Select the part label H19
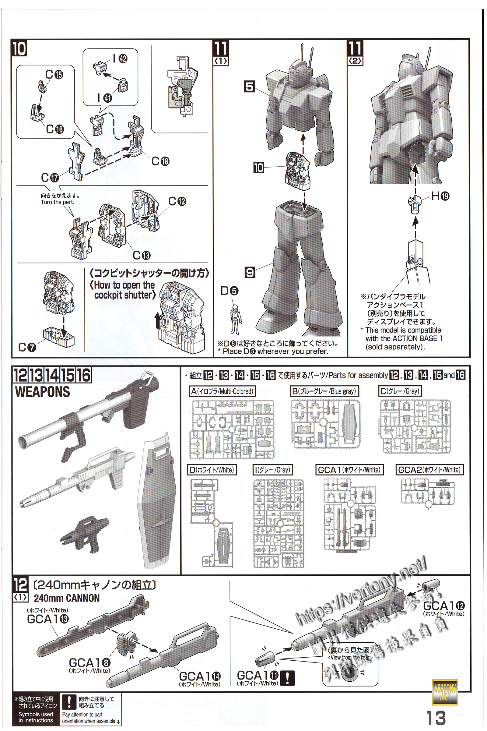(x=440, y=196)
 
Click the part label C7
(x=27, y=347)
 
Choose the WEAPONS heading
(x=43, y=392)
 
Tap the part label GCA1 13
(x=47, y=619)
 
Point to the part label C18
(x=160, y=161)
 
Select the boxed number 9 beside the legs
(x=250, y=273)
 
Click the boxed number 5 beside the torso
(x=249, y=87)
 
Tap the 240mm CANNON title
(x=67, y=598)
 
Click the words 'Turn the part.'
(x=58, y=202)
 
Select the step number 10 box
(x=19, y=49)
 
